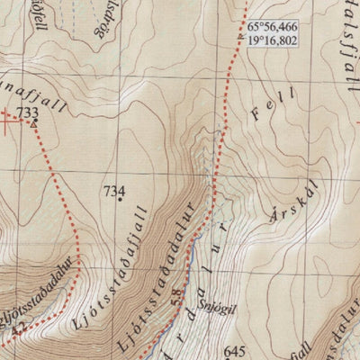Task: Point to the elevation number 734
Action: [113, 191]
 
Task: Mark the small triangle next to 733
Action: [34, 123]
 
